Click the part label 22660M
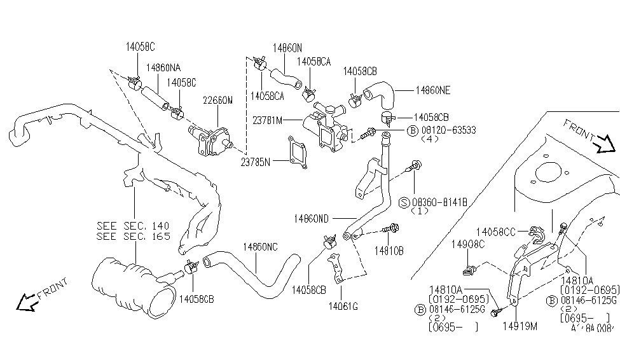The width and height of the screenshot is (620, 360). pos(217,100)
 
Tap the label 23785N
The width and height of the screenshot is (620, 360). pos(256,162)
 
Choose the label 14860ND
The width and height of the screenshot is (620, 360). pos(311,218)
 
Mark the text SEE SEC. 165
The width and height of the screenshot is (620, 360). pos(134,236)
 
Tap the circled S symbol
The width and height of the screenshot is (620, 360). pos(404,202)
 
